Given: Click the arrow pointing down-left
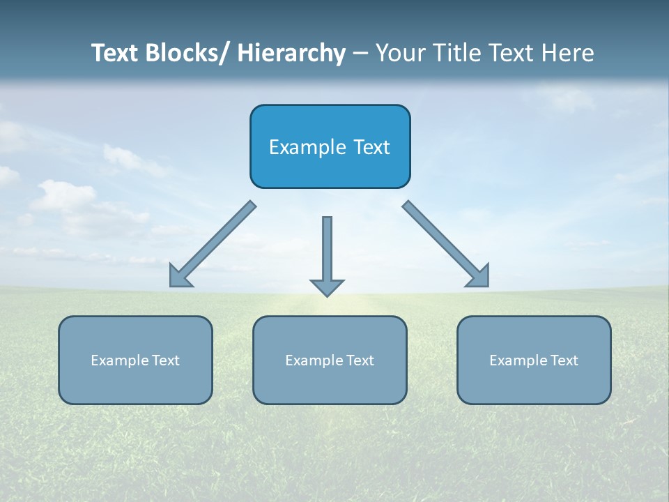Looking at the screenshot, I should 213,244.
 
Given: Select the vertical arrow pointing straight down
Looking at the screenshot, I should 327,251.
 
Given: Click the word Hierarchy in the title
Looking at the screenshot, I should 291,53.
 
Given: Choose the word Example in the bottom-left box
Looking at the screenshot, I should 120,360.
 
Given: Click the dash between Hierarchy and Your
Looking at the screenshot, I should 360,54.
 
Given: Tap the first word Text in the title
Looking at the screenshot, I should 115,53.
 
